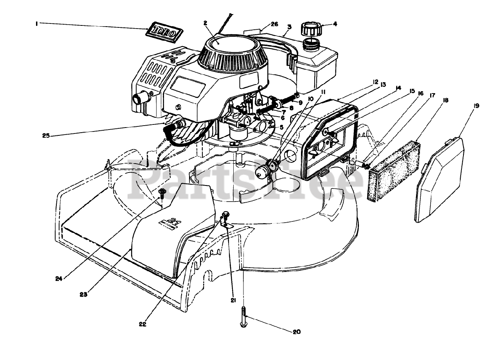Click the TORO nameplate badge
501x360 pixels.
pyautogui.click(x=164, y=32)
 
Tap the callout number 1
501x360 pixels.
pyautogui.click(x=36, y=23)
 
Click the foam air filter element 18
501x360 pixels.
pyautogui.click(x=394, y=171)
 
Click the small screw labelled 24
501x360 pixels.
pyautogui.click(x=162, y=192)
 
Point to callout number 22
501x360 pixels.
pyautogui.click(x=142, y=324)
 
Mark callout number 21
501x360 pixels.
pyautogui.click(x=234, y=300)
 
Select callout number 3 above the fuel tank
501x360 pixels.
pyautogui.click(x=289, y=27)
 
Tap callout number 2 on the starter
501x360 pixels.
pyautogui.click(x=205, y=23)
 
